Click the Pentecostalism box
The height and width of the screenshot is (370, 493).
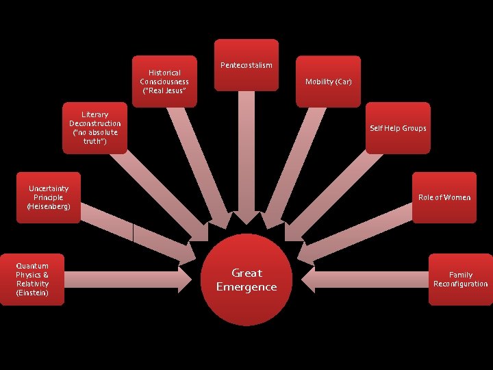pyautogui.click(x=246, y=65)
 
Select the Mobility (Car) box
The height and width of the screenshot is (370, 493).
pyautogui.click(x=329, y=82)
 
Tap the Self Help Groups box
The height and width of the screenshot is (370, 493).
pyautogui.click(x=398, y=128)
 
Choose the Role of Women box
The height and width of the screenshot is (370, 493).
pyautogui.click(x=444, y=197)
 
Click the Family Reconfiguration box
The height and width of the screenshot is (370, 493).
pyautogui.click(x=460, y=279)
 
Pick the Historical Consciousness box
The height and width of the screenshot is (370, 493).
pyautogui.click(x=164, y=81)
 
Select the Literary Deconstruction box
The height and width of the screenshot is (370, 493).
pyautogui.click(x=95, y=127)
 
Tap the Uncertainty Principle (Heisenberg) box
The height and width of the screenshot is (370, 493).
pyautogui.click(x=49, y=197)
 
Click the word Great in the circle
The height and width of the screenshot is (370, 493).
pyautogui.click(x=246, y=273)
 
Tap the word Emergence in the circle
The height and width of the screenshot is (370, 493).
pyautogui.click(x=246, y=287)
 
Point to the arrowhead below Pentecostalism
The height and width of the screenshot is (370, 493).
pyautogui.click(x=245, y=219)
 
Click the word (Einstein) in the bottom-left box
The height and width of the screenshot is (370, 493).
pyautogui.click(x=33, y=293)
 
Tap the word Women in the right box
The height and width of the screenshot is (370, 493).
pyautogui.click(x=457, y=197)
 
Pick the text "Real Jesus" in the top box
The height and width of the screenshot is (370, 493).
pyautogui.click(x=164, y=90)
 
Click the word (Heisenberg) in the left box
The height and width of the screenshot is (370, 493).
pyautogui.click(x=49, y=206)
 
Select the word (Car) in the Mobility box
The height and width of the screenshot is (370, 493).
pyautogui.click(x=344, y=82)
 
